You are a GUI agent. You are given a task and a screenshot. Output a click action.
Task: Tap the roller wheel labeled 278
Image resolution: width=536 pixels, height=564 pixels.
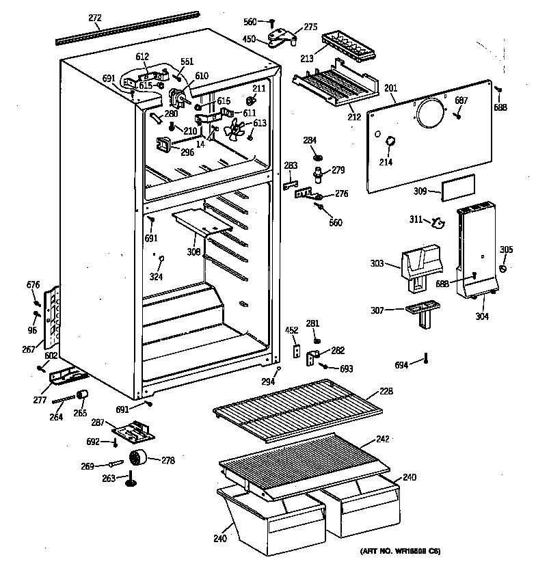click(140, 459)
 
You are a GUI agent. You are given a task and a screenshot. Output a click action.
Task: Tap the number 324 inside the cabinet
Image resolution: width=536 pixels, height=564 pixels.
click(157, 277)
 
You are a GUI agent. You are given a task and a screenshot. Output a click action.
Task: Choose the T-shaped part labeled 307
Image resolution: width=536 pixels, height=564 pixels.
click(420, 313)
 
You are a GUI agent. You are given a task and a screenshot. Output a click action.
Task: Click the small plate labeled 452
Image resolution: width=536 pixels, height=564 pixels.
click(297, 350)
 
